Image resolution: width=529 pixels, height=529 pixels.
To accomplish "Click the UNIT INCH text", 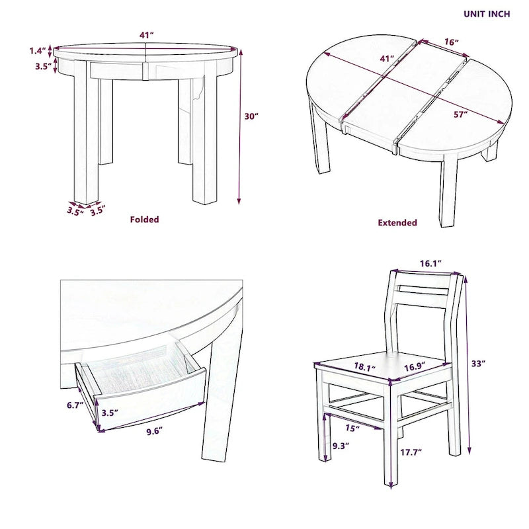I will pos(486,14).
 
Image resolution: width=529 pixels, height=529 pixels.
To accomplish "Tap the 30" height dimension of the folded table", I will pos(251,116).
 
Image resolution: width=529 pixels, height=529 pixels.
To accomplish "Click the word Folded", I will pos(144,220).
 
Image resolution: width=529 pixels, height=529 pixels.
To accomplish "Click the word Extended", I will pos(397,223).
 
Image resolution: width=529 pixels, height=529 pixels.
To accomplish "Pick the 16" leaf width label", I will pos(452,42).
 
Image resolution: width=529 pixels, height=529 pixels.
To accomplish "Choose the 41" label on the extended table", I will pos(387,59).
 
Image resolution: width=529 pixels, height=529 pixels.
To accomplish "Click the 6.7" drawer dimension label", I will pos(75,405).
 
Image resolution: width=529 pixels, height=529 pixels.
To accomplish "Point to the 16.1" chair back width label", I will pos(430,263).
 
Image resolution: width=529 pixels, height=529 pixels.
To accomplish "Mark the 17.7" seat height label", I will pos(411,452).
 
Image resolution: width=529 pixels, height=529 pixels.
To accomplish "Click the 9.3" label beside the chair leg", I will pos(339,445).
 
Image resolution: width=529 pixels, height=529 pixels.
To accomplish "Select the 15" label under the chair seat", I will pos(352,428).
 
